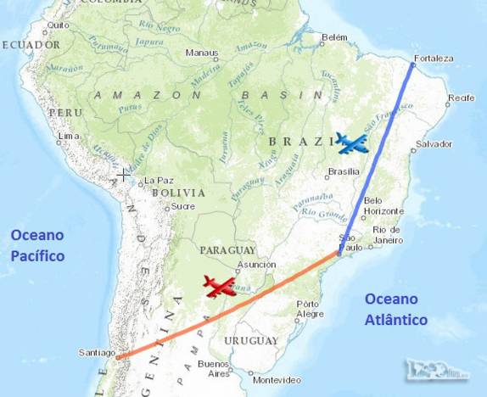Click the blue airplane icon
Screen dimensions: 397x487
[x=350, y=143]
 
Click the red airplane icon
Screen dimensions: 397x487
[x=220, y=287]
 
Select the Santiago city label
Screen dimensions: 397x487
[x=96, y=352]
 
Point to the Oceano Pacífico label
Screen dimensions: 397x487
[x=36, y=243]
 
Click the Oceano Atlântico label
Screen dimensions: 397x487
[x=395, y=309]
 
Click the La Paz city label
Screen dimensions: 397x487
[x=159, y=180]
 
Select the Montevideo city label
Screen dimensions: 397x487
[x=277, y=379]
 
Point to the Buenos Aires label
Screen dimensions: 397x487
[x=213, y=368]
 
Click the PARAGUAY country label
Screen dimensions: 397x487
[x=227, y=250]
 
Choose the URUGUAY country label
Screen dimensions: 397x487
[x=251, y=340]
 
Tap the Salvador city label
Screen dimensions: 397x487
[x=434, y=144]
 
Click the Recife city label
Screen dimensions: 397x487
[x=461, y=98]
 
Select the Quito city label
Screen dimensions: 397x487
[x=58, y=25]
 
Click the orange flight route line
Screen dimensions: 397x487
[x=229, y=304]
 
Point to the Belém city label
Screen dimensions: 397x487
[x=334, y=37]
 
